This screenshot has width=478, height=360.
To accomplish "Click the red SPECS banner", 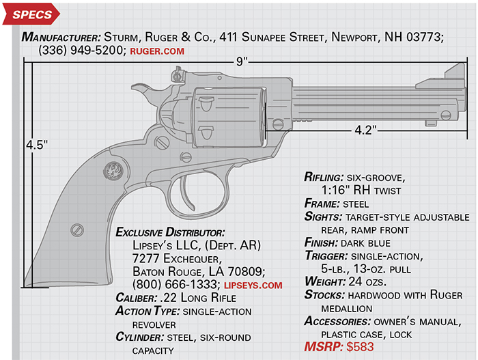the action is coord(31,14).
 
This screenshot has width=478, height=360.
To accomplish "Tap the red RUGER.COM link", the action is coord(157,51).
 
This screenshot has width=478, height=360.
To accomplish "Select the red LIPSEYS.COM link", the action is coord(253,286).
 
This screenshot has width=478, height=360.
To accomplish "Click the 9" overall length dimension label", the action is coord(242,61).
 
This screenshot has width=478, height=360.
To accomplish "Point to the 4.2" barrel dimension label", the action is coord(365,130).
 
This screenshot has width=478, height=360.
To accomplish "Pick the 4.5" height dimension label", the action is coord(37,145).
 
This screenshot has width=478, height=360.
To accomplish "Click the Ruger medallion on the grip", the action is coord(113,171).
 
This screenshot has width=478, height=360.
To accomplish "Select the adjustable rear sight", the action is coord(178,74).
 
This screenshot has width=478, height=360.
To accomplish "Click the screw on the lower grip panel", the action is coord(77,230).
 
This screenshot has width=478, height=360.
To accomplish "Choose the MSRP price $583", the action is coord(360,347).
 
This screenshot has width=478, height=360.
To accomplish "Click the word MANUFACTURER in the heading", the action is coord(61,37).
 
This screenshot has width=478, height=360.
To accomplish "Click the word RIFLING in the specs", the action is coord(324,177).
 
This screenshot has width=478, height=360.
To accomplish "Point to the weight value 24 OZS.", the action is coord(367,281).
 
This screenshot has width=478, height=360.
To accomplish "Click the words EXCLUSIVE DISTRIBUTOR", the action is coord(170,232).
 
